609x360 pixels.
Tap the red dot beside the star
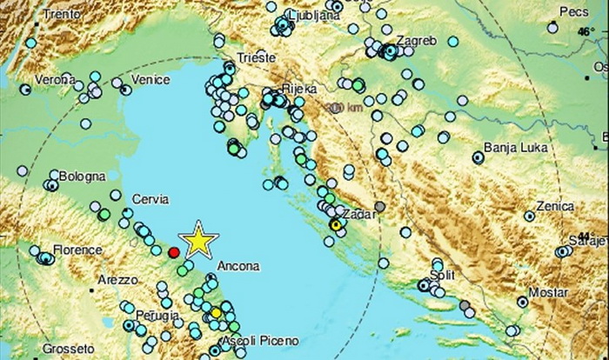pyautogui.click(x=173, y=252)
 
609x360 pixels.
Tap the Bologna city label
pyautogui.click(x=83, y=177)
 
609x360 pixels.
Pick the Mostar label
pyautogui.click(x=549, y=293)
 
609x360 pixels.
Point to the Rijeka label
pyautogui.click(x=298, y=89)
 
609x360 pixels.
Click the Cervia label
pyautogui.click(x=150, y=200)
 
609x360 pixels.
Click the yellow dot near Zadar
pyautogui.click(x=334, y=225)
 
